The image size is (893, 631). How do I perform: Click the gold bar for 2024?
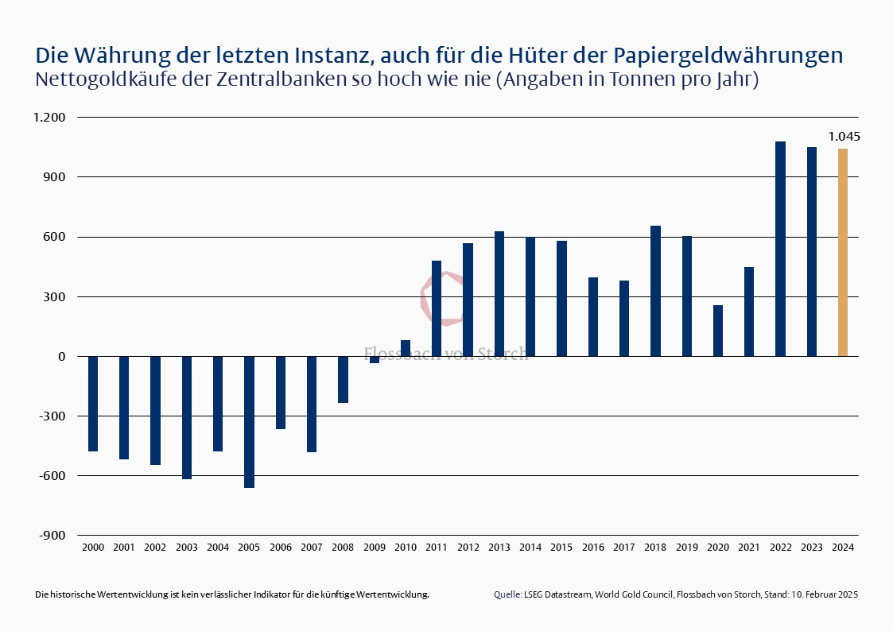point(842,252)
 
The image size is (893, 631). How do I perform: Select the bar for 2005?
point(249,422)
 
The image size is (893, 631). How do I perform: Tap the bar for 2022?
point(780,249)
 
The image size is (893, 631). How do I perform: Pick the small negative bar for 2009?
point(374,360)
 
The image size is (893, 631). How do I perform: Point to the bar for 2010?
point(406,348)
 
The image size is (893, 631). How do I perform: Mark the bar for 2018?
point(655,291)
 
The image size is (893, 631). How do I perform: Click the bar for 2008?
point(343,380)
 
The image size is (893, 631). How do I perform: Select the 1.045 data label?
point(844,137)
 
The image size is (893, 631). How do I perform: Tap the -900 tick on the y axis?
point(52,536)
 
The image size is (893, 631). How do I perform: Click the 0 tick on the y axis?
point(61,357)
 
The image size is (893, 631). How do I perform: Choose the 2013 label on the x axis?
point(499,548)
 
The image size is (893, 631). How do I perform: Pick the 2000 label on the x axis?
point(92,548)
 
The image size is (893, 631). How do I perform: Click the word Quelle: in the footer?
point(507,594)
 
